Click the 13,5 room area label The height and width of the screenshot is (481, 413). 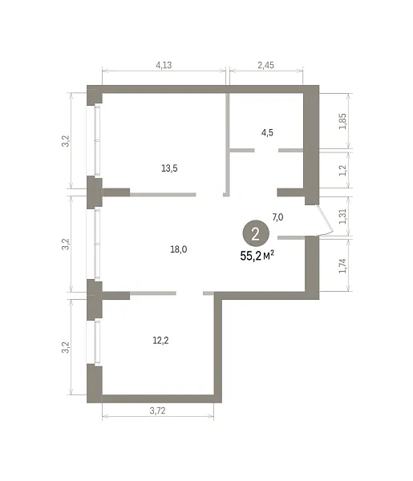click(x=169, y=168)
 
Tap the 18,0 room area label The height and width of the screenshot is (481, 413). click(x=179, y=249)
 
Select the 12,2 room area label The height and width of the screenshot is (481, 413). click(x=160, y=341)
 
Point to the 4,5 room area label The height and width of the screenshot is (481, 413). click(x=267, y=133)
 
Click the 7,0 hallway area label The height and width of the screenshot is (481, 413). click(x=277, y=217)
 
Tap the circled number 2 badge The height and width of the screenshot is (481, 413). click(x=256, y=234)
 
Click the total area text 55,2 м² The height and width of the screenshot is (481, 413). click(x=257, y=256)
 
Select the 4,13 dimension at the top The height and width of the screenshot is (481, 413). click(x=164, y=65)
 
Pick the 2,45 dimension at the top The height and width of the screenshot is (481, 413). click(x=265, y=65)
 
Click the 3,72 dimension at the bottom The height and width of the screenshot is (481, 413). click(x=158, y=410)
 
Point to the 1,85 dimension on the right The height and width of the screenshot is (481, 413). click(x=342, y=122)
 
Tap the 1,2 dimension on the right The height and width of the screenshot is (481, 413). click(x=342, y=171)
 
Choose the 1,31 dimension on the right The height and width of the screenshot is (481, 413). click(x=342, y=216)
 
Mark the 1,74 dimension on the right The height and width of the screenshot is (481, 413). click(x=342, y=266)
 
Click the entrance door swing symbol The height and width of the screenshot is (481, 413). click(x=326, y=221)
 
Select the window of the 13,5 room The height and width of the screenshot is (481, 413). click(x=94, y=140)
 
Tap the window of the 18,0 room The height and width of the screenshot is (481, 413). click(x=94, y=244)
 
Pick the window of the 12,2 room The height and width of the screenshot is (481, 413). click(x=94, y=342)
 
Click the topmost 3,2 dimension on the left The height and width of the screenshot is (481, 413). click(x=66, y=141)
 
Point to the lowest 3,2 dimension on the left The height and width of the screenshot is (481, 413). click(x=66, y=348)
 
